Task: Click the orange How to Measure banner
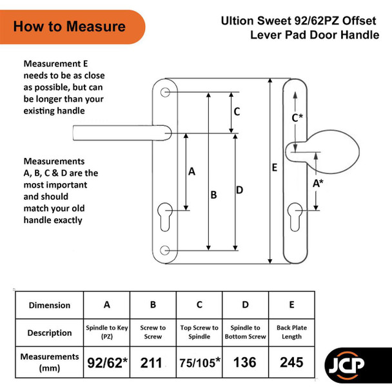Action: (72, 26)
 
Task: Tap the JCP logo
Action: (346, 366)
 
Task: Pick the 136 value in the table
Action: (245, 362)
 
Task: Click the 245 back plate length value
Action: (291, 362)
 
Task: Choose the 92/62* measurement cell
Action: (107, 363)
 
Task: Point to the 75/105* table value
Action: (200, 363)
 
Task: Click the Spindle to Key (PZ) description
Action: (107, 332)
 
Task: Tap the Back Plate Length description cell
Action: (292, 332)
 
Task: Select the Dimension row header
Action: (50, 305)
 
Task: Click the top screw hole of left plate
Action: (165, 92)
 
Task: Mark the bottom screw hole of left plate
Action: (165, 250)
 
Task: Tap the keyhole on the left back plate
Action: (165, 217)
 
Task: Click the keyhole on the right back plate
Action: (295, 217)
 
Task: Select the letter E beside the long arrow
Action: (275, 167)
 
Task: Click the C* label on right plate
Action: (297, 117)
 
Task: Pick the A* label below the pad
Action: (318, 184)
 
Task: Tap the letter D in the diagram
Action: (239, 190)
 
